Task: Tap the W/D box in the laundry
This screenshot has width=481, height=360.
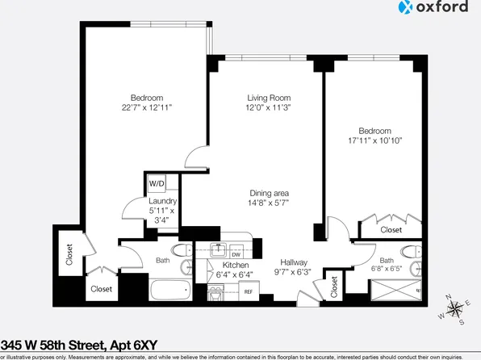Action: click(156, 183)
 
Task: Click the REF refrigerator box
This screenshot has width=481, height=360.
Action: click(248, 291)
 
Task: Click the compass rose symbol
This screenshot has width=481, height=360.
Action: click(456, 309)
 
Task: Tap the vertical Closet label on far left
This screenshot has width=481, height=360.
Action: click(69, 255)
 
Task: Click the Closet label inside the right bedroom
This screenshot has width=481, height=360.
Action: click(391, 230)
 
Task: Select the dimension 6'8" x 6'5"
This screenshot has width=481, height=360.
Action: click(387, 270)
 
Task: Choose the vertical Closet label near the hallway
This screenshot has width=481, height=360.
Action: click(334, 287)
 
